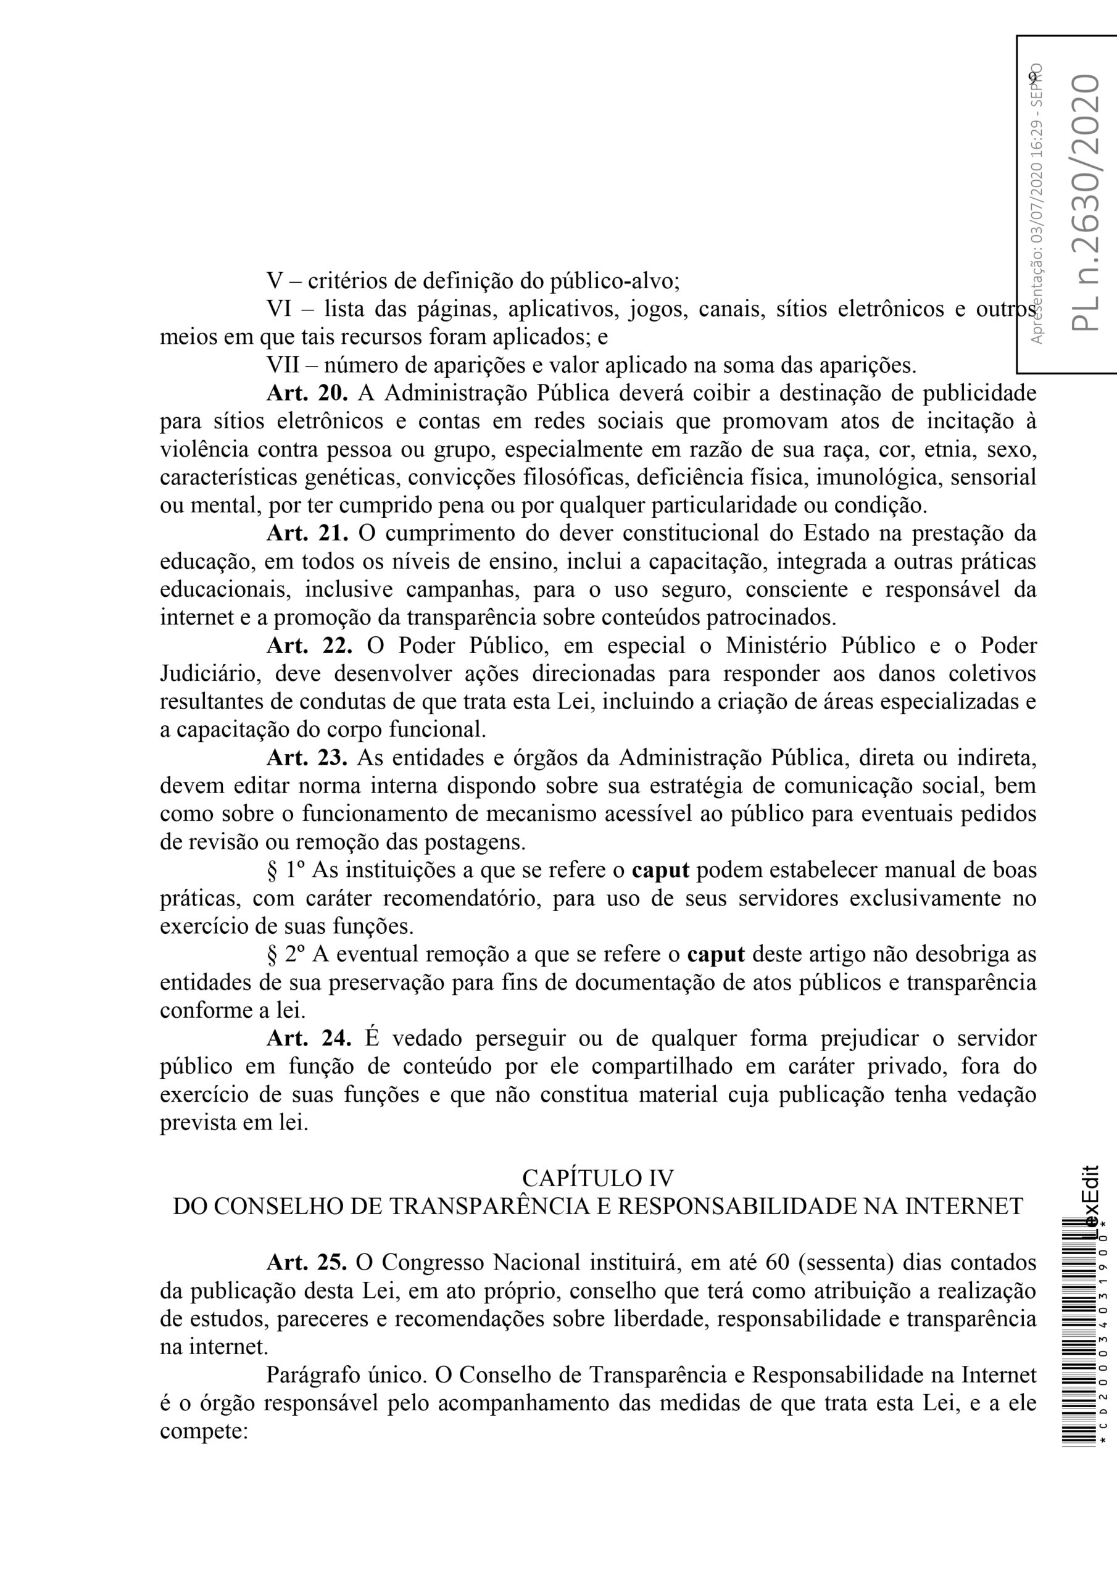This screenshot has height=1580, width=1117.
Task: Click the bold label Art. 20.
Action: pos(308,394)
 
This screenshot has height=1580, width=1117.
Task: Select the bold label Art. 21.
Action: pos(308,533)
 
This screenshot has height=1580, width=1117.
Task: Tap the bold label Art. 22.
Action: pos(309,646)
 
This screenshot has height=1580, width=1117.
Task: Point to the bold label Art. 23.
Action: pos(308,758)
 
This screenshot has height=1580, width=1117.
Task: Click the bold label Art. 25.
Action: pos(308,1263)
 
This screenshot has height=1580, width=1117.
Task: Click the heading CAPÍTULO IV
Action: pos(597,1178)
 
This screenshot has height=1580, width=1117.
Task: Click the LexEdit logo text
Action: pos(1091,1199)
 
